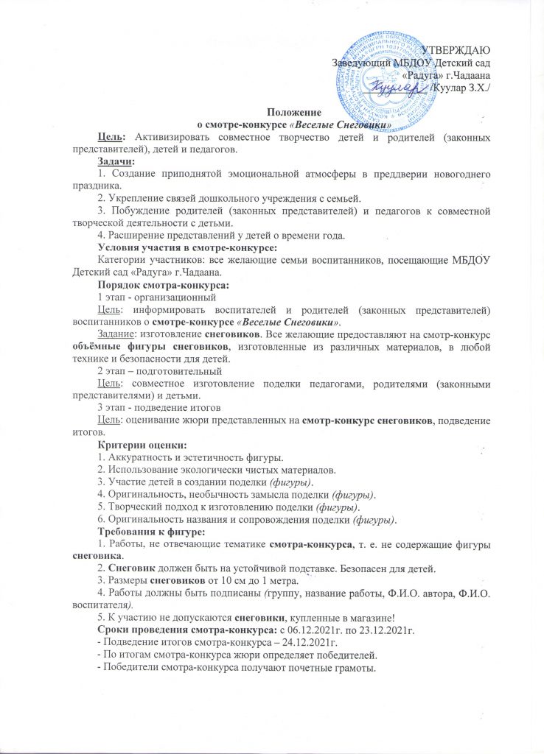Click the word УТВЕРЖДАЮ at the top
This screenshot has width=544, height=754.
pos(458,50)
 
